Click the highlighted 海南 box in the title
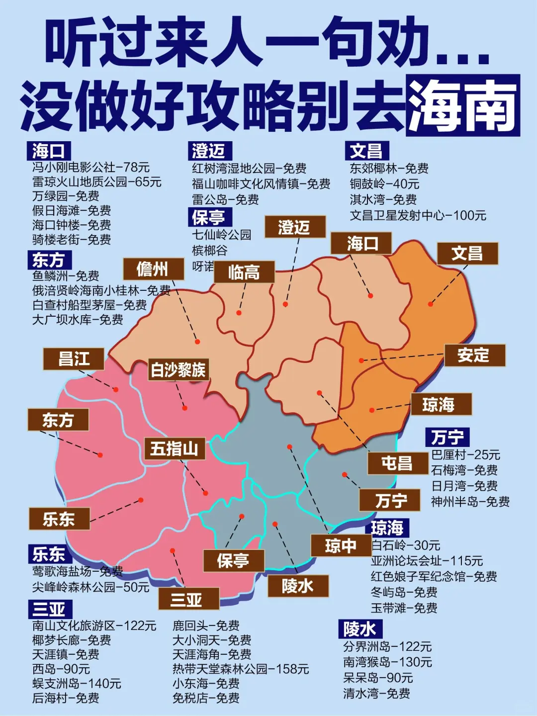pos(463,105)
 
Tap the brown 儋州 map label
pos(153,269)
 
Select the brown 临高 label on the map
pos(244,272)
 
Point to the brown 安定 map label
pos(474,355)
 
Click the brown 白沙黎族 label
pos(178,369)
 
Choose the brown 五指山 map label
pos(174,448)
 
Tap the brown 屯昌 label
pos(397,463)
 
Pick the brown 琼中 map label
pos(341,545)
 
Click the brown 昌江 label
pos(74,358)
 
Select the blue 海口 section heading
pos(48,151)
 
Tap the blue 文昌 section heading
pos(366,151)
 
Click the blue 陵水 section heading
pos(359,629)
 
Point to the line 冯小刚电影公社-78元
pos(91,167)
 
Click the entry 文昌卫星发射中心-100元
pos(418,215)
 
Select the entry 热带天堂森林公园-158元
pos(241,669)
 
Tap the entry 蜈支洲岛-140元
pos(77,683)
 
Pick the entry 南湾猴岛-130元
pos(387,662)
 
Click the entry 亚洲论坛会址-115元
pos(427,561)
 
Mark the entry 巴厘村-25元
pos(465,454)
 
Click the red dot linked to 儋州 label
pos(197,342)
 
